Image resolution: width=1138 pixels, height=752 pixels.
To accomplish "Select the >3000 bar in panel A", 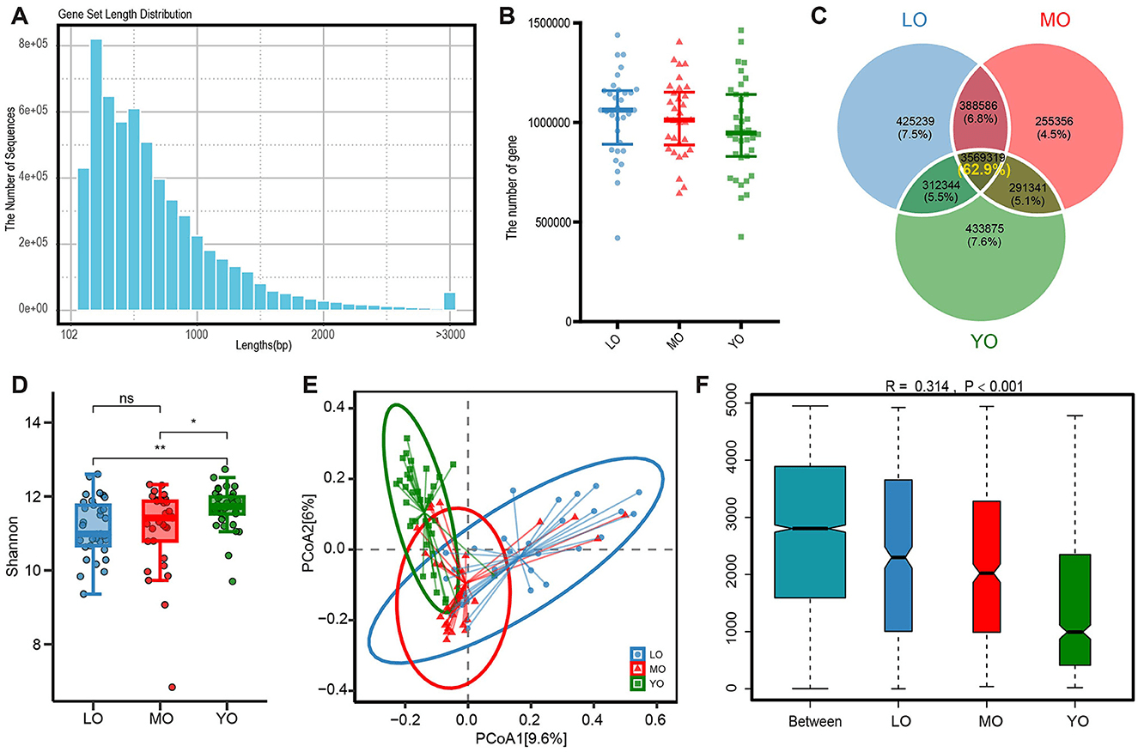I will point(449,300).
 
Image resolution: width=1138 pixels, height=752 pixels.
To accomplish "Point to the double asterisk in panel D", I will point(160,447).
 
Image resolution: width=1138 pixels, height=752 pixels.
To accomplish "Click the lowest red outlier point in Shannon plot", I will point(173,687).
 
